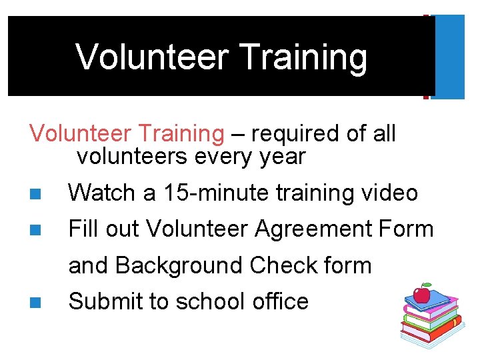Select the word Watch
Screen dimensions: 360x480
point(103,193)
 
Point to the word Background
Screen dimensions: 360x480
point(179,265)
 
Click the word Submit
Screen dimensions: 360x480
point(105,301)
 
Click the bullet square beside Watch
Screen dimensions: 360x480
point(35,194)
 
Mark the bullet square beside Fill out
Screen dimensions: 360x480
point(35,230)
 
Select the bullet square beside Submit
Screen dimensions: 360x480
point(35,302)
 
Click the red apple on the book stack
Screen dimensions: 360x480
point(421,293)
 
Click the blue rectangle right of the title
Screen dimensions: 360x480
point(451,57)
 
